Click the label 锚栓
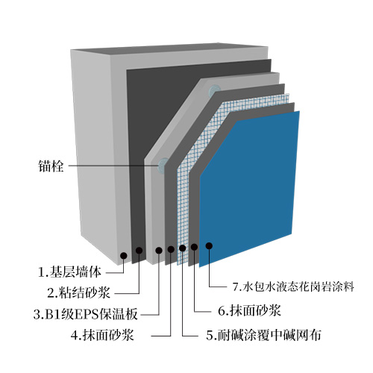click(x=51, y=166)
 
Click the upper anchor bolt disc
click(x=214, y=91)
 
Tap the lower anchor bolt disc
click(x=163, y=165)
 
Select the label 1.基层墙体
click(x=69, y=272)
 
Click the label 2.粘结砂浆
click(x=78, y=292)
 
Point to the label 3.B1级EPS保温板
click(x=86, y=314)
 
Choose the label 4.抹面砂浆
click(x=102, y=335)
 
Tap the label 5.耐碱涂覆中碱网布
click(x=263, y=335)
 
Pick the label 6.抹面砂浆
click(x=249, y=310)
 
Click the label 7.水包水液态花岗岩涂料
click(x=293, y=286)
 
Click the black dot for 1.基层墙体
click(x=124, y=255)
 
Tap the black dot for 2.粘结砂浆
click(x=139, y=251)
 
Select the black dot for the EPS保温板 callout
click(x=159, y=251)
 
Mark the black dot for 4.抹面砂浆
click(x=171, y=249)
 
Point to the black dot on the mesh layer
click(x=182, y=248)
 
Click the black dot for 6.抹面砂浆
click(x=194, y=247)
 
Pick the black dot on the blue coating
click(x=209, y=245)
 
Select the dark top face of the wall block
click(x=169, y=51)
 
